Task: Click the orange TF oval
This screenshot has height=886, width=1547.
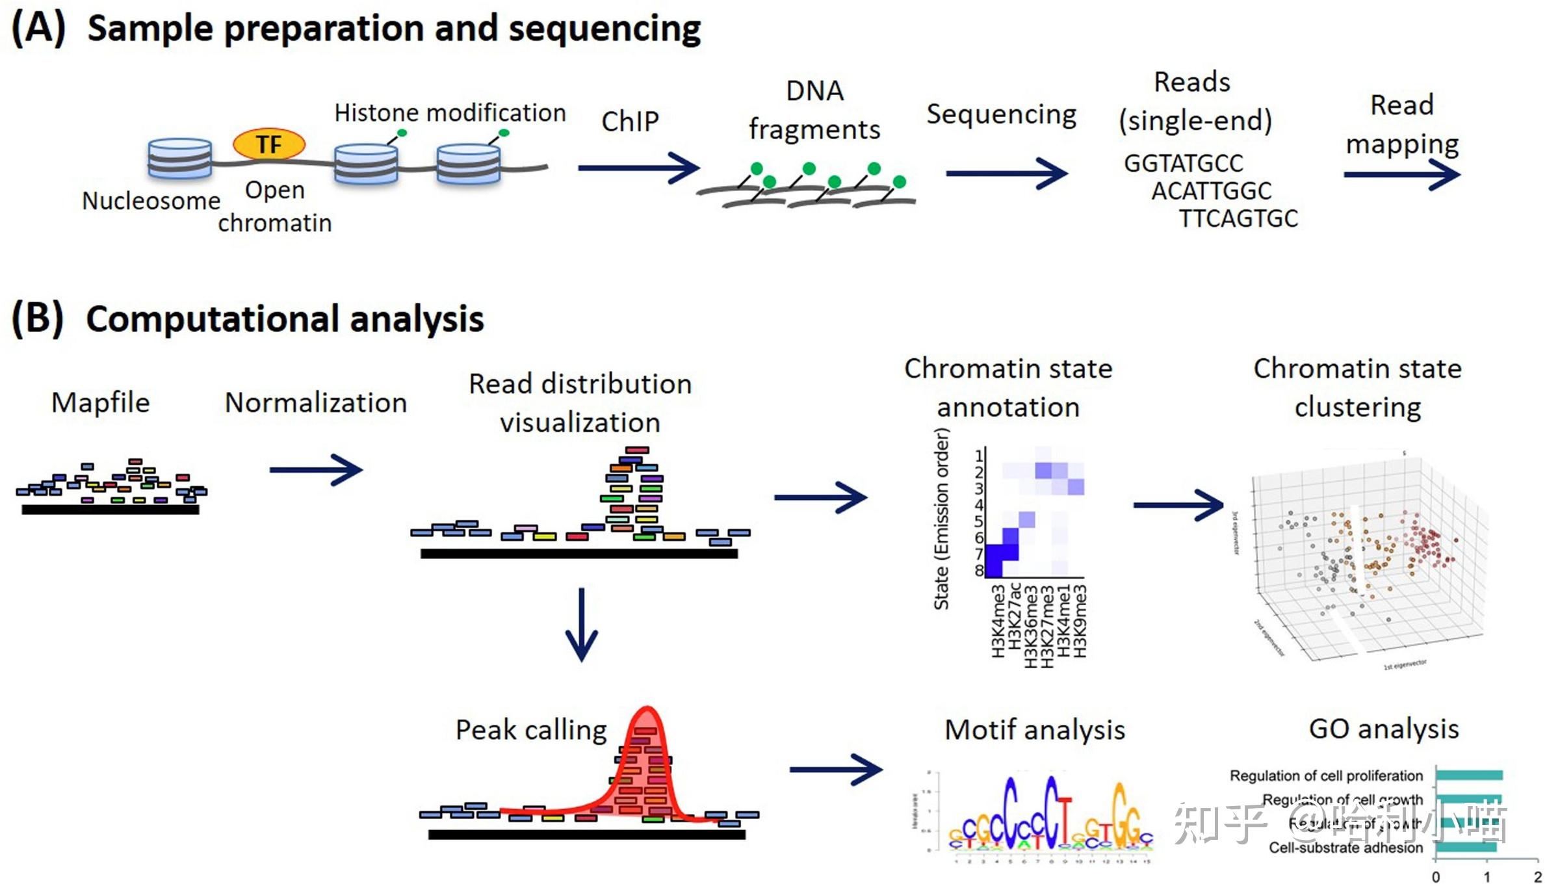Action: (x=268, y=144)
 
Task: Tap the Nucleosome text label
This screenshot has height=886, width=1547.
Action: (x=151, y=201)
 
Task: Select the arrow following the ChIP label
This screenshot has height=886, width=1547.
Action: (x=638, y=168)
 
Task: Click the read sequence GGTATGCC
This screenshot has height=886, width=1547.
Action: (x=1183, y=163)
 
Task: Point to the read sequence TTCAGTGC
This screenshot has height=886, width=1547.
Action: (x=1238, y=218)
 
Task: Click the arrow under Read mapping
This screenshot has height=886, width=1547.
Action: (x=1401, y=174)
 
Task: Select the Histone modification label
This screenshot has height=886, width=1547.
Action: (x=450, y=113)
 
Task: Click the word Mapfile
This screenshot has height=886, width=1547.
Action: (x=101, y=402)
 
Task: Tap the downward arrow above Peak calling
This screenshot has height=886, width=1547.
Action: (x=581, y=624)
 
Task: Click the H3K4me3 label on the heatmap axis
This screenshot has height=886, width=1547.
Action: (x=998, y=621)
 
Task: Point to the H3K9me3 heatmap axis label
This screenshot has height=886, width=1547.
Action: (x=1080, y=621)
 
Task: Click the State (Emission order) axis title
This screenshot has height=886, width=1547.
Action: (x=941, y=519)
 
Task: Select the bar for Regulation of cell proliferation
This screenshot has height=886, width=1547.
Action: (x=1469, y=775)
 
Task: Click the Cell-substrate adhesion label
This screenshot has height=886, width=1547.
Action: (x=1345, y=848)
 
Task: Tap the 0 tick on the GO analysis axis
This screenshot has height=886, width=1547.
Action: (x=1436, y=877)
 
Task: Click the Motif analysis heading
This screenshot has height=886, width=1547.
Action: (x=1035, y=729)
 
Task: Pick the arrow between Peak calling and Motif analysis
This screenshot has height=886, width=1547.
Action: (x=836, y=770)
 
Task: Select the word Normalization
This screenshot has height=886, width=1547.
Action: (x=316, y=403)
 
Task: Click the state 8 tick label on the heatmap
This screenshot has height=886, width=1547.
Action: (x=979, y=571)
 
